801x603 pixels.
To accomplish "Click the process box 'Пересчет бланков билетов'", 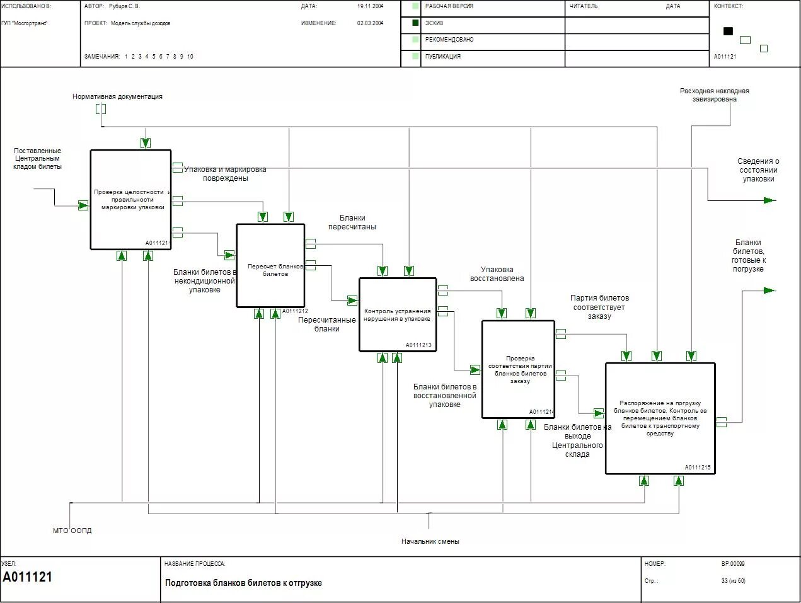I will click(x=270, y=266).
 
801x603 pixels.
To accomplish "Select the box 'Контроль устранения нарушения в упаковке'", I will click(x=397, y=314).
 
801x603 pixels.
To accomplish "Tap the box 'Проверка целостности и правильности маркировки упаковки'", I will click(x=130, y=199).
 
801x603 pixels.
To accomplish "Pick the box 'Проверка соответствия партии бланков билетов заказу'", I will click(x=518, y=369).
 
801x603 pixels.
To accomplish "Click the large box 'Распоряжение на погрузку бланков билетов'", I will click(x=660, y=418).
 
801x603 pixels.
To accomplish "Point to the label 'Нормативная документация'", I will click(x=117, y=96).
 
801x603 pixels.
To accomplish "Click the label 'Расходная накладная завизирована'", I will click(x=714, y=95).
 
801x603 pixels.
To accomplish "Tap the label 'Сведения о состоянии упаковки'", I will click(x=758, y=170).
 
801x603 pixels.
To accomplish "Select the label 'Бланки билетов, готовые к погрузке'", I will click(x=748, y=256).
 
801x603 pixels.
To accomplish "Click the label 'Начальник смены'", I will click(x=430, y=541).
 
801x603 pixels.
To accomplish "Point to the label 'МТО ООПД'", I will click(x=72, y=531).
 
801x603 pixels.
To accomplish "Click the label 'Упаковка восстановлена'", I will click(x=497, y=274).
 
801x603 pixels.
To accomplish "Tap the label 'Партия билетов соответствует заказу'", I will click(x=599, y=307).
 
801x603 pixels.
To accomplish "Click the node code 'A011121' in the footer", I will click(x=28, y=577).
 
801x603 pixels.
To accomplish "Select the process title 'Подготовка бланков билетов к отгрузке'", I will click(x=243, y=583).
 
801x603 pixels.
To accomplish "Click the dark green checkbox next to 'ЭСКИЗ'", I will click(x=415, y=23).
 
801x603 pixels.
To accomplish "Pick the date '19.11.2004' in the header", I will click(x=370, y=6).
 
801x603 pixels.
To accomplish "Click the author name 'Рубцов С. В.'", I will click(x=124, y=6).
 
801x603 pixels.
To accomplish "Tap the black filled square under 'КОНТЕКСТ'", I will click(x=728, y=31).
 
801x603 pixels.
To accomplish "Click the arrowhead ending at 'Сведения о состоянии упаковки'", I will click(x=769, y=200).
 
